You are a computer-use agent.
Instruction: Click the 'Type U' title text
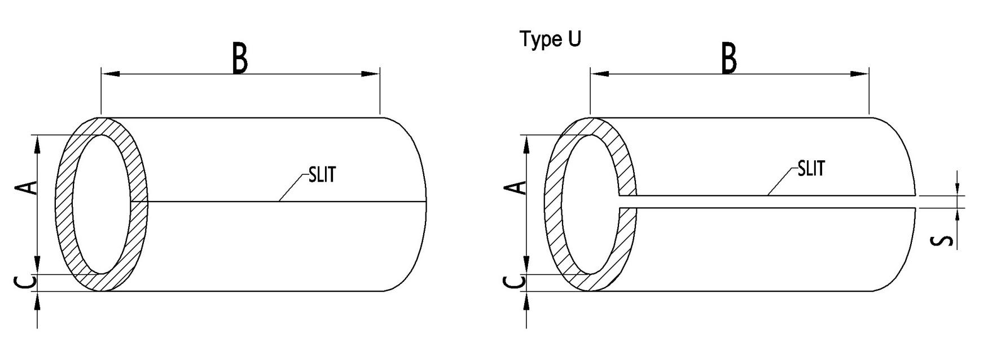click(x=550, y=40)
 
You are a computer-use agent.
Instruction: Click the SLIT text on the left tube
click(x=322, y=175)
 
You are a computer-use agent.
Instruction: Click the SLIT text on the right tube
click(x=811, y=168)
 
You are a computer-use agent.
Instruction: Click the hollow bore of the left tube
click(x=100, y=204)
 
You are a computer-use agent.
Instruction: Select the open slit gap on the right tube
click(x=767, y=202)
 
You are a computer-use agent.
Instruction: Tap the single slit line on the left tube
click(x=282, y=201)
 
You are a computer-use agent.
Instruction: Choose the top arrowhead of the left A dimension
click(x=38, y=144)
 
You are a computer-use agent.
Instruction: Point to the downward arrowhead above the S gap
click(x=958, y=189)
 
